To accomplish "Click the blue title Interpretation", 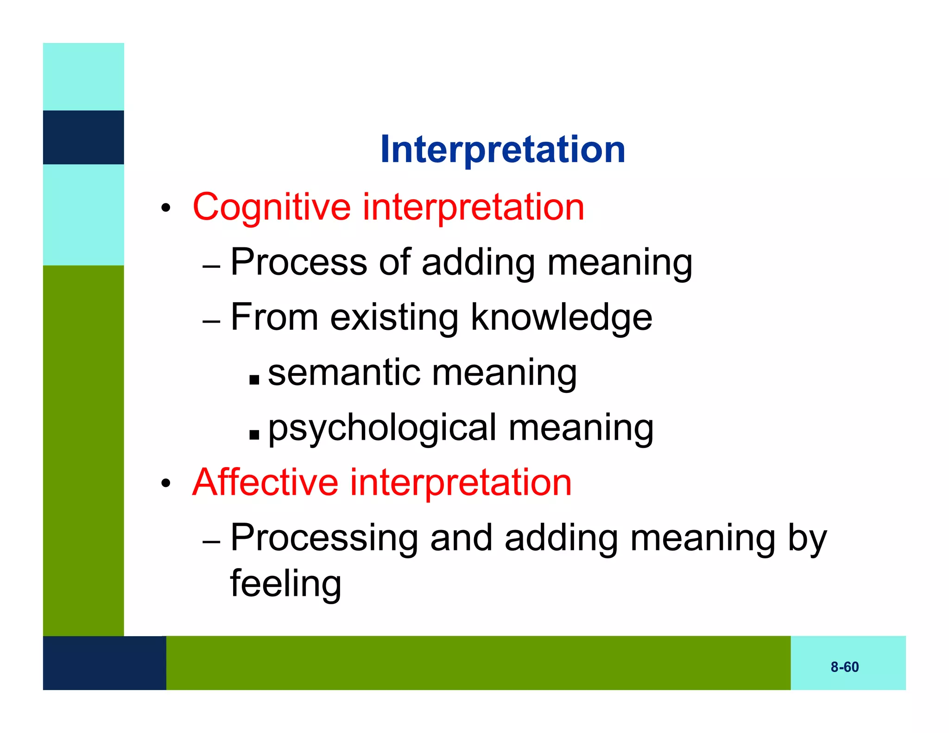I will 502,149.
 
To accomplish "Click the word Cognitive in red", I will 272,207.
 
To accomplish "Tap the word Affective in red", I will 265,482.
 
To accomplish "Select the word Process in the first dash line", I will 299,262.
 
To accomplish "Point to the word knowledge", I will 561,318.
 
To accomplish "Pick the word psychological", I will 382,428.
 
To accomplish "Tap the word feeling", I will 286,584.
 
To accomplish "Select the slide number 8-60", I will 844,667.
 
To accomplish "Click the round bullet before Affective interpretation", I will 166,484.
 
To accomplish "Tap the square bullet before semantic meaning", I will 254,380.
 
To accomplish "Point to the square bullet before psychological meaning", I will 254,435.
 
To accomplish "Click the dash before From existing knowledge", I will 211,321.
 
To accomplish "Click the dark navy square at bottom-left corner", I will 104,663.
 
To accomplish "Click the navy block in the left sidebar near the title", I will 83,137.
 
